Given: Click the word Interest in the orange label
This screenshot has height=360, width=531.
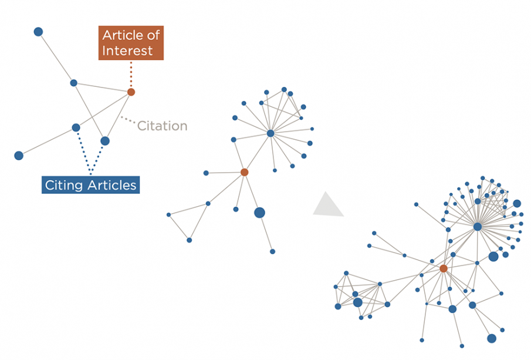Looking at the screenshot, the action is [x=127, y=51].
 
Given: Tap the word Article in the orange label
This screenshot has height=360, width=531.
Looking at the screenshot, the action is [x=122, y=35].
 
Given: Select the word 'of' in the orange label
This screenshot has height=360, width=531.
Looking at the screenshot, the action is [x=153, y=35].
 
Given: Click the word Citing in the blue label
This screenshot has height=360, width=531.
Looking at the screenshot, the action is [x=64, y=186].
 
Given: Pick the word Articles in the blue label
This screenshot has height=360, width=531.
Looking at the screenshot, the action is [x=111, y=185].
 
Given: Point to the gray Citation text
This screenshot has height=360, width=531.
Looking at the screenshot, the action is [x=162, y=126].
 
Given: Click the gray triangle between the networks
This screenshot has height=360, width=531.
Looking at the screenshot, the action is [x=328, y=204].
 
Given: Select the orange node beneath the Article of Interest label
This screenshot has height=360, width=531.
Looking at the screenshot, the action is [x=131, y=92].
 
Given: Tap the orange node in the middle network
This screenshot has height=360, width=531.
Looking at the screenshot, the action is [x=244, y=172].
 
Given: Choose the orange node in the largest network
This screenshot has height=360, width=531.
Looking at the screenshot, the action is [x=444, y=268].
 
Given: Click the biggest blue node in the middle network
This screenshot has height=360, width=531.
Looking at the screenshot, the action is [x=259, y=213].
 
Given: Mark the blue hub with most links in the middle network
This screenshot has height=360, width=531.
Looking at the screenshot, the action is [x=270, y=133].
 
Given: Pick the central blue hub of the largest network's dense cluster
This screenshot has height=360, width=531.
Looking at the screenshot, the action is [x=478, y=227].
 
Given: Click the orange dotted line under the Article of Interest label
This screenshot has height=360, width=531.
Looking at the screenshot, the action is [x=131, y=74].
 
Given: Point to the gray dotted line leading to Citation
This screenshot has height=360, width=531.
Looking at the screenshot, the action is [x=128, y=120].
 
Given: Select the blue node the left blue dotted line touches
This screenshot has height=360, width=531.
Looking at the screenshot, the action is [x=76, y=127].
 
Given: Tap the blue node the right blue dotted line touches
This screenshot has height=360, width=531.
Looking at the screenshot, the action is [x=105, y=141].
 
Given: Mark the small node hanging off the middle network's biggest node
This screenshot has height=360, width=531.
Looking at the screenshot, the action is [x=272, y=251].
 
